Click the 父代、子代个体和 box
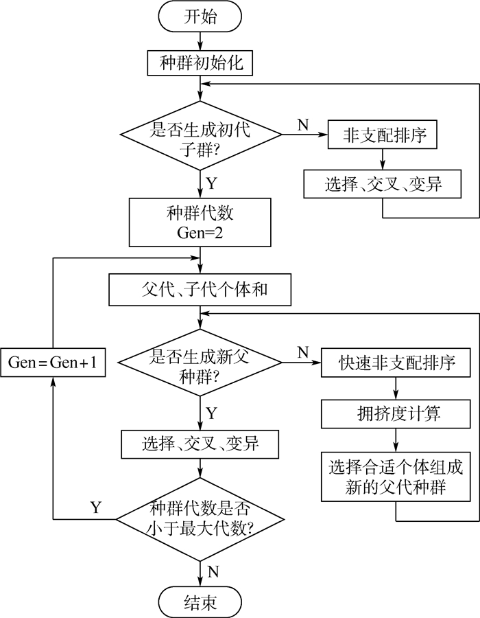[200, 290]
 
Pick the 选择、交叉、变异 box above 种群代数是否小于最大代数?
[200, 444]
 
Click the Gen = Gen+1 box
[53, 363]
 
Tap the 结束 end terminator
[200, 602]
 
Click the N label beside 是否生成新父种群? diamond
[302, 352]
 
